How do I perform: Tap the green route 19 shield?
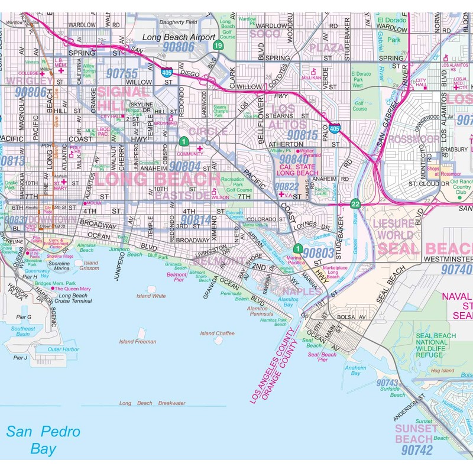click(x=219, y=46)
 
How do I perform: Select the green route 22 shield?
click(x=355, y=203)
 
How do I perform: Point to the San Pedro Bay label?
click(x=43, y=440)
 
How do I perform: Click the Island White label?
click(x=151, y=296)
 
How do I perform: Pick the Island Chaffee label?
click(x=217, y=333)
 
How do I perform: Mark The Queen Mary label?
click(x=72, y=289)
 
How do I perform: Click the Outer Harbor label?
click(x=63, y=349)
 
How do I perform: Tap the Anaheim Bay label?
click(x=356, y=371)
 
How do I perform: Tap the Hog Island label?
click(x=442, y=370)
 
